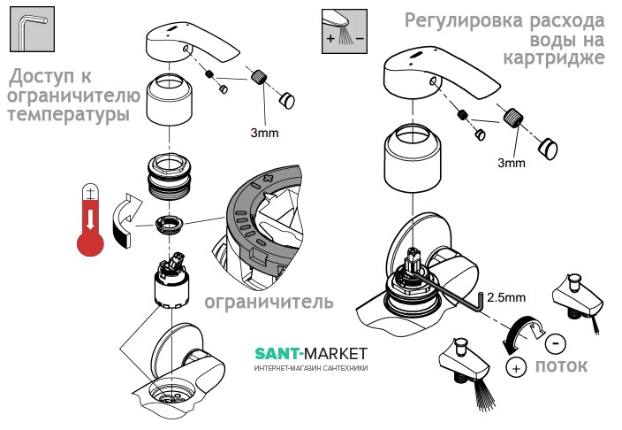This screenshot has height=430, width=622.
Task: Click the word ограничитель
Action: (x=269, y=302)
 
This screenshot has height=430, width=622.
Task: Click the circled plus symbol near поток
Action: (x=513, y=365)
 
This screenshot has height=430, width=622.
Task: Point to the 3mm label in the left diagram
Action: (x=262, y=132)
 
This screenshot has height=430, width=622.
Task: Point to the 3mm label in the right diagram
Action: (x=511, y=163)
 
